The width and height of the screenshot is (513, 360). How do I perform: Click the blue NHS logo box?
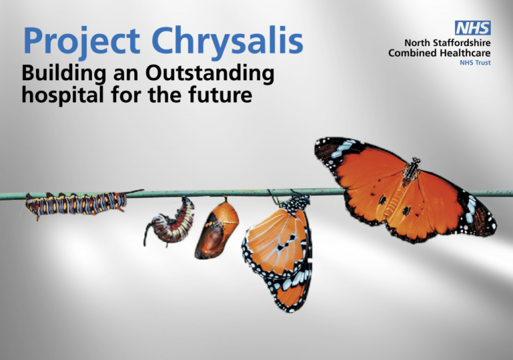pos(473,27)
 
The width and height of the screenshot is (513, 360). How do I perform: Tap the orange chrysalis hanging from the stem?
pos(217,229)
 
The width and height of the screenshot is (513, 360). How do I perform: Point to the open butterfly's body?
pos(409,172)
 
